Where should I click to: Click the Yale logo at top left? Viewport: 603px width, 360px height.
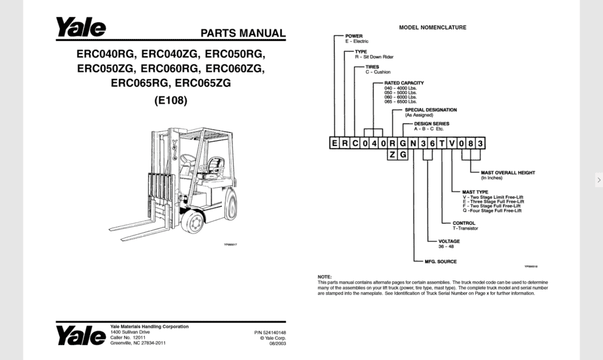coord(80,28)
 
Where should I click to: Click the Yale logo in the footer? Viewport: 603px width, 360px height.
coord(80,335)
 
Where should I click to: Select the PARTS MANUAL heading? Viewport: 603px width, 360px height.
coord(242,33)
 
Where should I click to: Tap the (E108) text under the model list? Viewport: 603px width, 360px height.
coord(170,101)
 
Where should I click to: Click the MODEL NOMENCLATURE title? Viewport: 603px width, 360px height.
coord(432,28)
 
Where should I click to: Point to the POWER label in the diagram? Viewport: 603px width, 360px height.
coord(354,36)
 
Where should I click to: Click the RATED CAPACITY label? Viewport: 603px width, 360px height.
coord(399,83)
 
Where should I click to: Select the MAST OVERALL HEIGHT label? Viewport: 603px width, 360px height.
coord(508,173)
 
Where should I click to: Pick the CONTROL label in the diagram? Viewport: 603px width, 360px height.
coord(464,223)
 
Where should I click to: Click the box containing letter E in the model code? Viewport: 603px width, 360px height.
coord(334,143)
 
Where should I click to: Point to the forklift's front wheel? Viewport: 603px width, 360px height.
coord(194,222)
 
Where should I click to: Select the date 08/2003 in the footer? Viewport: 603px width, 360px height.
coord(277,343)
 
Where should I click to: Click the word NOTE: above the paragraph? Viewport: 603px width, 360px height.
coord(324,277)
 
